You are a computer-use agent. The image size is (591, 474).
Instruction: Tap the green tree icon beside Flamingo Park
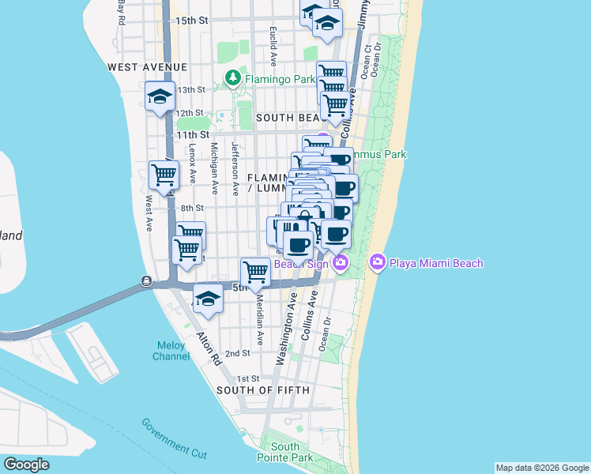pos(232,77)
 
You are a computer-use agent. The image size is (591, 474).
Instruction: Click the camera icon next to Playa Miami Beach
pos(377,262)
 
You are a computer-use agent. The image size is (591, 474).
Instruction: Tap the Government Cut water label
pos(175,438)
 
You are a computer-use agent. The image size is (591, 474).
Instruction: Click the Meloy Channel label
pos(171,351)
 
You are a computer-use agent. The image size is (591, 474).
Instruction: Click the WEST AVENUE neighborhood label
pos(148,67)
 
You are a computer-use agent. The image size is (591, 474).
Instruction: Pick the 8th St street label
pos(192,209)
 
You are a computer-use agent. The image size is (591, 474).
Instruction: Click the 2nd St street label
pos(237,353)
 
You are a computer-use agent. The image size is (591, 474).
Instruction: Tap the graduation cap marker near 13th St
pos(160,97)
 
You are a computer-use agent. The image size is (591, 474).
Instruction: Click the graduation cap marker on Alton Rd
pos(208,299)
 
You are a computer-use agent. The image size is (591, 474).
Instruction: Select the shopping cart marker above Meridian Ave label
pos(255,272)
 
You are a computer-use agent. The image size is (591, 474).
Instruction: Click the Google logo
pos(26,465)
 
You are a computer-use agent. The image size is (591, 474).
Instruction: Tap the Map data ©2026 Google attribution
pos(541,468)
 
